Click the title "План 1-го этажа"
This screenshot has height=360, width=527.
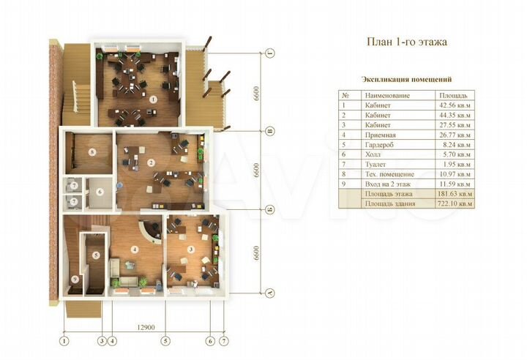pos(406,42)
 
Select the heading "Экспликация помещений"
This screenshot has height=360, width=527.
pos(406,78)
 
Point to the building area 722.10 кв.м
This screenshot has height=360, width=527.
pos(455,204)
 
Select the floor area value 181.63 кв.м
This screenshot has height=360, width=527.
pos(455,194)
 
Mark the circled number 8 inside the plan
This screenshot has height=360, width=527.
pos(92,152)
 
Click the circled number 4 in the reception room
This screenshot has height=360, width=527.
pos(135,249)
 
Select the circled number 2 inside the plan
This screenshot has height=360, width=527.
pos(150,162)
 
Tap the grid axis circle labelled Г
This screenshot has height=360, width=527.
pos(269,54)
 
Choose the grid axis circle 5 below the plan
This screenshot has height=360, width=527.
pos(166,340)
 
